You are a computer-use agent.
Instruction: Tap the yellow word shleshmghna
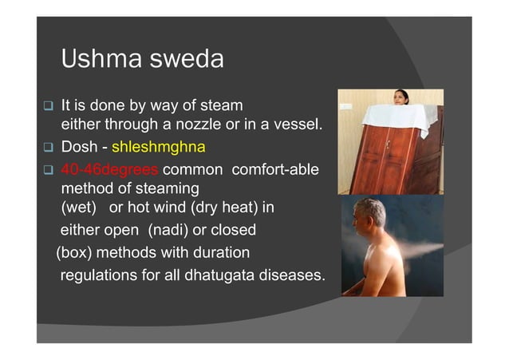159,148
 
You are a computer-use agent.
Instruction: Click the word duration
220,253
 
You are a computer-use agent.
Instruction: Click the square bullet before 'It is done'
48,105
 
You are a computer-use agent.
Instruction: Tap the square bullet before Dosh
48,148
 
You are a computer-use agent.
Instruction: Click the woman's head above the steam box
400,97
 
